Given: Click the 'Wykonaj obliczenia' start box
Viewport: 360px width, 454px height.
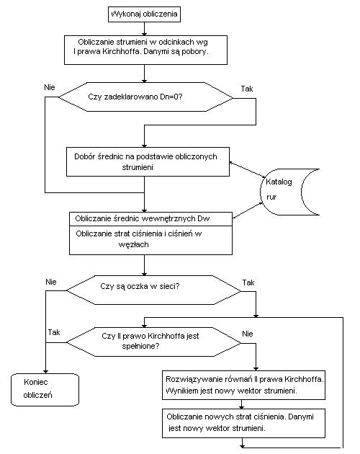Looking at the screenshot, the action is click(144, 14).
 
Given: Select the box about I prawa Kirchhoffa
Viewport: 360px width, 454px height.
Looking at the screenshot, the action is click(145, 50).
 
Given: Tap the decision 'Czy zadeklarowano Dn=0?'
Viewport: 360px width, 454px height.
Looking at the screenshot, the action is click(145, 97).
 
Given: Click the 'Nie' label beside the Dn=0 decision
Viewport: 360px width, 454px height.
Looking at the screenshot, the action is click(50, 87).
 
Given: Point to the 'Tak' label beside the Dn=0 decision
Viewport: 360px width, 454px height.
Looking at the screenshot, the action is click(247, 89).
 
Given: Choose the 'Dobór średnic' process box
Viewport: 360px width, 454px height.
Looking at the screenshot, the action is click(148, 161).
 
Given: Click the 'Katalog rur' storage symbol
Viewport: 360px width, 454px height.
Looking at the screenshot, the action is click(289, 192).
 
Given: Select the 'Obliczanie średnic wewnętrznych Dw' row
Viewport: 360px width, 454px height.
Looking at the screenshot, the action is click(150, 219).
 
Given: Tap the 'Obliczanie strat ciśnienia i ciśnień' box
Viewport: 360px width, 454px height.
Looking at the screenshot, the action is click(150, 240).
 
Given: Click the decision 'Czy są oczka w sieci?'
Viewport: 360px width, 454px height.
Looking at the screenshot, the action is click(153, 290).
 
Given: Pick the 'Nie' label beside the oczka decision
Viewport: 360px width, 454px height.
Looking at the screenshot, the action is click(51, 282).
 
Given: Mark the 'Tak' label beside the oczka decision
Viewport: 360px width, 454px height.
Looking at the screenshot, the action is click(248, 282).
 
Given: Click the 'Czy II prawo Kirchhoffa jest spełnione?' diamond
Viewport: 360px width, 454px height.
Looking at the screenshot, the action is click(153, 342).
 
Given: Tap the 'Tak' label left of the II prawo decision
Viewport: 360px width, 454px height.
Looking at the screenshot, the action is click(54, 332).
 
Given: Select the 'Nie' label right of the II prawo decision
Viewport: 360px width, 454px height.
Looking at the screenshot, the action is click(248, 334).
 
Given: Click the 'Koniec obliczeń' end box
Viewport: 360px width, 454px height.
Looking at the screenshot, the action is click(45, 390).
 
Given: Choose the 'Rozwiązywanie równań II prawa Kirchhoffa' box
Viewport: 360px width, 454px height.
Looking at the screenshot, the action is click(243, 385).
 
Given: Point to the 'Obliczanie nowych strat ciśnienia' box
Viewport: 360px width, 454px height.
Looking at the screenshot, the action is click(243, 423).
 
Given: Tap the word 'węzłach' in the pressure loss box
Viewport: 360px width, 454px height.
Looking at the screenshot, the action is click(134, 245).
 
